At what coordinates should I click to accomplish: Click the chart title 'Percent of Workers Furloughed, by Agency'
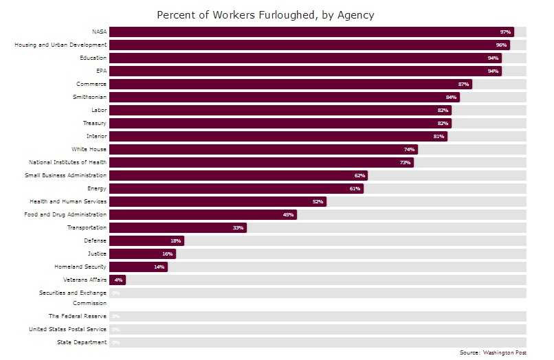(265, 14)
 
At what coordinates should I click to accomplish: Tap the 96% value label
(501, 45)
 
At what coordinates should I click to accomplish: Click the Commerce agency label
(91, 84)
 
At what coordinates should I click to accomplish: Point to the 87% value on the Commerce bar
(463, 84)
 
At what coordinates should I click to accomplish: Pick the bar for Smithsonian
(284, 97)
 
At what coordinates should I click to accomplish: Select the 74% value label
(410, 149)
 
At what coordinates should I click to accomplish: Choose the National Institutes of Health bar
(261, 162)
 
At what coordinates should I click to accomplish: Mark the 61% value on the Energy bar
(355, 188)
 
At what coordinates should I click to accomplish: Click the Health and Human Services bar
(217, 201)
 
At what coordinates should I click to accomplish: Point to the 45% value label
(289, 214)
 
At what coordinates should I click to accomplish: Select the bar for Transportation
(177, 227)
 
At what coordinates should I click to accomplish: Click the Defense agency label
(95, 240)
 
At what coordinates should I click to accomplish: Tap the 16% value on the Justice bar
(167, 254)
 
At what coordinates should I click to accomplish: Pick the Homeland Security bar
(137, 267)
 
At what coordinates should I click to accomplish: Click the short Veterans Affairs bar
(117, 280)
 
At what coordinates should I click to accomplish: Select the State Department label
(82, 342)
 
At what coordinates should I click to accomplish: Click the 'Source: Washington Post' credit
(493, 352)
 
